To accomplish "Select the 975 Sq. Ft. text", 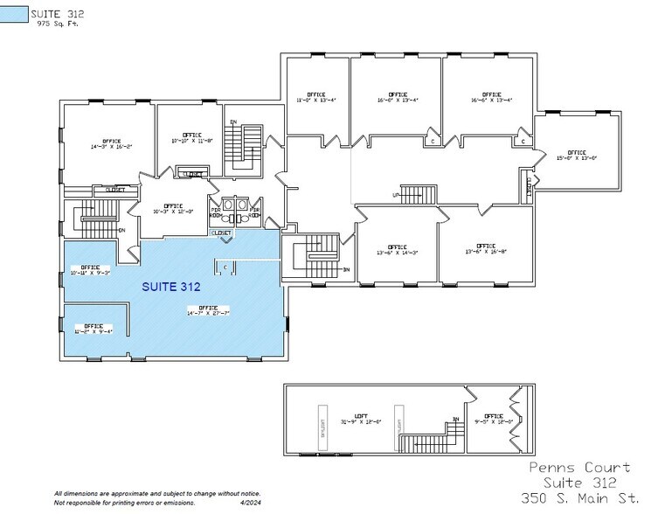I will (x=54, y=24).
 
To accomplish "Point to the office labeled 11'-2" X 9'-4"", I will (x=93, y=329).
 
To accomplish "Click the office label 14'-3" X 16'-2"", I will (x=111, y=144).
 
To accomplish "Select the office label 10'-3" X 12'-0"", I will (x=172, y=209).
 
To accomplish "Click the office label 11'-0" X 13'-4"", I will (x=316, y=97).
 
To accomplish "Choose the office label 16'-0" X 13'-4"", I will (x=398, y=97).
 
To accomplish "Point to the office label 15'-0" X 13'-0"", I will (x=577, y=156).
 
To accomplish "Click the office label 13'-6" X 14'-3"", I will (x=398, y=250).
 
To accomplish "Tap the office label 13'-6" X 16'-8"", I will (x=486, y=248).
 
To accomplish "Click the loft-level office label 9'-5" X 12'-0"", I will (x=494, y=419).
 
